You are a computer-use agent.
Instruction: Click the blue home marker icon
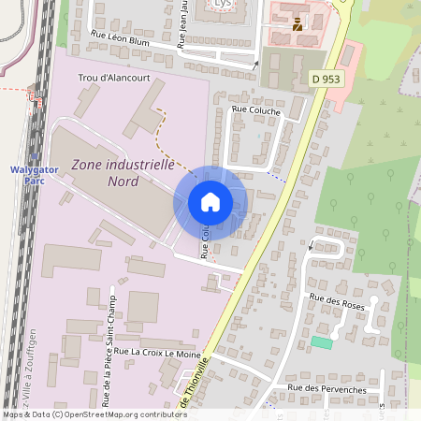click(x=210, y=202)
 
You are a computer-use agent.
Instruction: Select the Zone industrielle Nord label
click(x=123, y=172)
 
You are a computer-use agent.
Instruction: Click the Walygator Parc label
click(x=35, y=171)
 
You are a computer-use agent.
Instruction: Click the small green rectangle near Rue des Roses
click(x=322, y=343)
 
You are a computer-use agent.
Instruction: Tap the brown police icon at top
click(x=298, y=24)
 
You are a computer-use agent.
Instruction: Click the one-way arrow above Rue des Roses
click(x=311, y=246)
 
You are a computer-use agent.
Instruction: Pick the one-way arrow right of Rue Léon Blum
click(x=256, y=64)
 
